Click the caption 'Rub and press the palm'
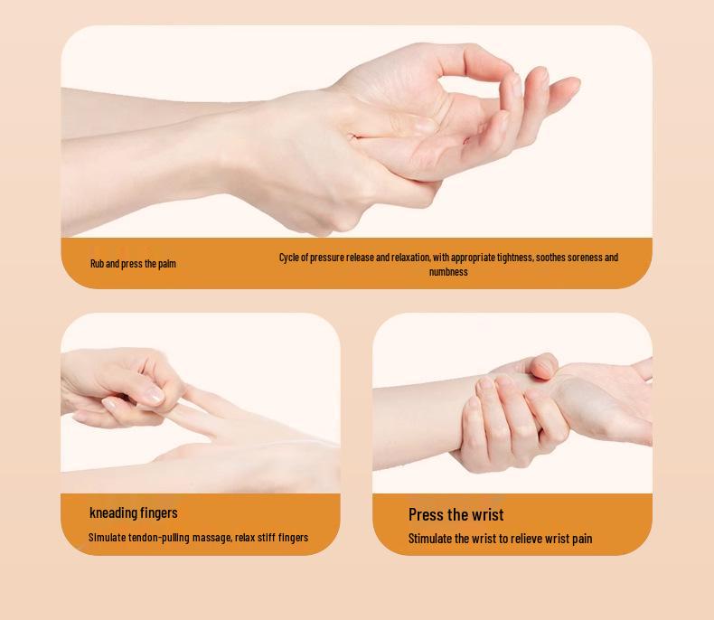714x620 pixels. [x=133, y=264]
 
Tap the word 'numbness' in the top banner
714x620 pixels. [x=448, y=271]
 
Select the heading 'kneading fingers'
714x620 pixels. [x=134, y=512]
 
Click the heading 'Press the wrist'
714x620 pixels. [x=456, y=514]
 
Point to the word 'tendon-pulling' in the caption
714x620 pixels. [x=160, y=538]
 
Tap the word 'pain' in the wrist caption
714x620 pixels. [x=581, y=539]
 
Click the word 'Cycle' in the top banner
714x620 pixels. [x=290, y=258]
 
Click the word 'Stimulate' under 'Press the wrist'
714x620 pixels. [x=429, y=539]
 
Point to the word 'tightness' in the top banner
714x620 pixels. [x=512, y=258]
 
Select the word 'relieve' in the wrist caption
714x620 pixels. [x=527, y=539]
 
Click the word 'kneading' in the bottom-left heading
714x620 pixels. [x=113, y=512]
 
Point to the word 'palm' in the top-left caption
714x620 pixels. [x=166, y=264]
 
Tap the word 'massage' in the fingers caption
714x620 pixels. [x=212, y=538]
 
